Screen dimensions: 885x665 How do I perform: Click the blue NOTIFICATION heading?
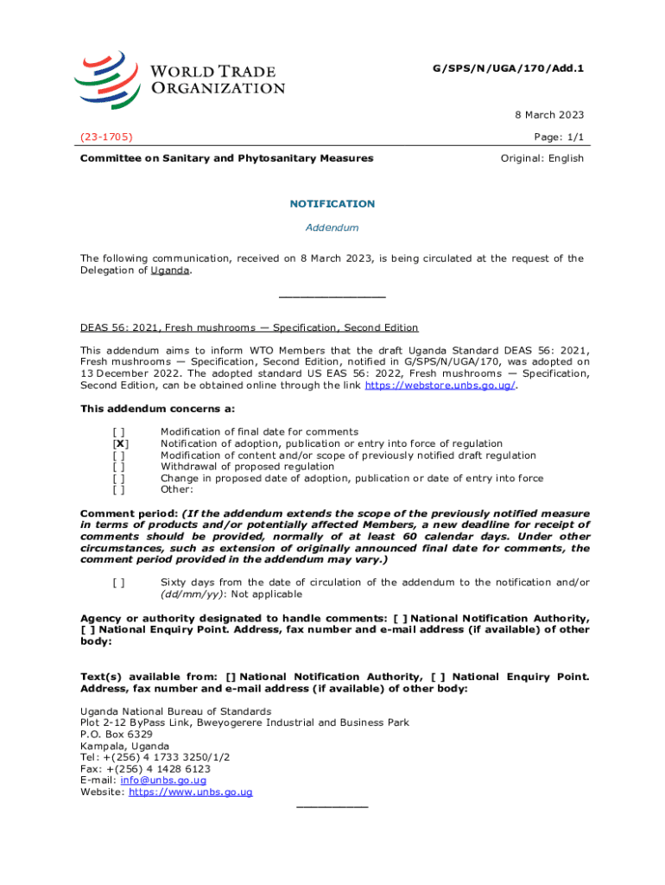pos(332,204)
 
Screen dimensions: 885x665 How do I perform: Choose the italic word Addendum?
pos(332,228)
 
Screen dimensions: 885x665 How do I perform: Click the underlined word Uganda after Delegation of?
pos(169,271)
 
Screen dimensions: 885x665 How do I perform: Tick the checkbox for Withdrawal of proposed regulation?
pos(119,467)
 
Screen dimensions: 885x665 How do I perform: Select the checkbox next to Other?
pos(119,490)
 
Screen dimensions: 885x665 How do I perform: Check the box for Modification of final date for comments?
pos(119,431)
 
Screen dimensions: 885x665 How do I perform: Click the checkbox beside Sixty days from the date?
pos(119,583)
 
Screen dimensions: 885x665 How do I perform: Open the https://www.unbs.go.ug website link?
pos(190,793)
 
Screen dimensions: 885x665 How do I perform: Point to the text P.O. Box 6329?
pos(117,735)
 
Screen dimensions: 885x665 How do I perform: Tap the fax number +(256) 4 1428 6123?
pos(158,769)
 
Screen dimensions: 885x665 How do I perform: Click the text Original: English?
pos(542,158)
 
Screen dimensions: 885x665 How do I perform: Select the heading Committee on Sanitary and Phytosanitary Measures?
pos(226,158)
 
